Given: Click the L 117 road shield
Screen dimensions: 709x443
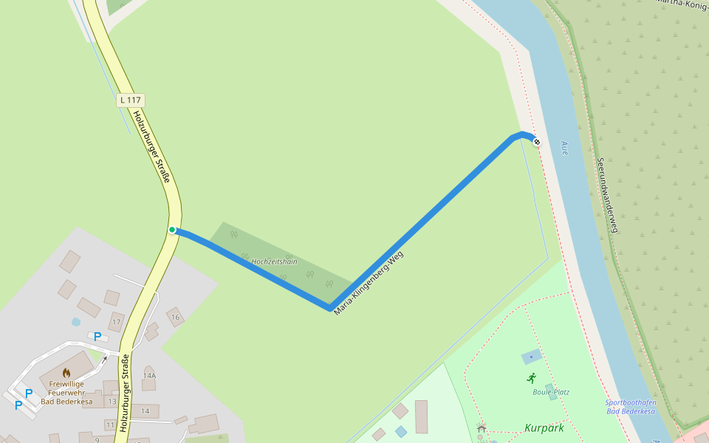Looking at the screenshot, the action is (131, 100).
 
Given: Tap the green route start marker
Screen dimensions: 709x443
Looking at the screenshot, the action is (172, 230).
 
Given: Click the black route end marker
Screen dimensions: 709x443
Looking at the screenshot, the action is (537, 142).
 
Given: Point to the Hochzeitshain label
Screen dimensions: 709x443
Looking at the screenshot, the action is (274, 261).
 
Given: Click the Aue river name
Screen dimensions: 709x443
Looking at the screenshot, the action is (564, 147).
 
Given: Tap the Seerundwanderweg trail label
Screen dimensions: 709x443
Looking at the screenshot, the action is (606, 195).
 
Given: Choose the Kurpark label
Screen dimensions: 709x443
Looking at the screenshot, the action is (544, 427).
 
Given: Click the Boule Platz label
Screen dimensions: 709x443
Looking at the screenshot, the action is (551, 392).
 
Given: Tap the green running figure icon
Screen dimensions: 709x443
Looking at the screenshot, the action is (531, 377).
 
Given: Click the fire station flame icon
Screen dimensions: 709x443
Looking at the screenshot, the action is (66, 373).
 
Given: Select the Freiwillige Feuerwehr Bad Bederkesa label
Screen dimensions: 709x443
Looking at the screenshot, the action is (66, 392).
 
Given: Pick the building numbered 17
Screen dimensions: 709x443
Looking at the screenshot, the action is (116, 322).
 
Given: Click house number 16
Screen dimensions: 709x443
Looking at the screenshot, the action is (175, 317).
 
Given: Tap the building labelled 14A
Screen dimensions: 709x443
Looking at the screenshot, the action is (149, 376).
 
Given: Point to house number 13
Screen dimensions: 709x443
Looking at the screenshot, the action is (112, 402).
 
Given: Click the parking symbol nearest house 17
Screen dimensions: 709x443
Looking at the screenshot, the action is (97, 337).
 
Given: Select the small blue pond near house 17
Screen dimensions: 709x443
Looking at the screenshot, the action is (75, 322).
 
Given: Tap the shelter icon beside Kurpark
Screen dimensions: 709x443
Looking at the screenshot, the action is (482, 427).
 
